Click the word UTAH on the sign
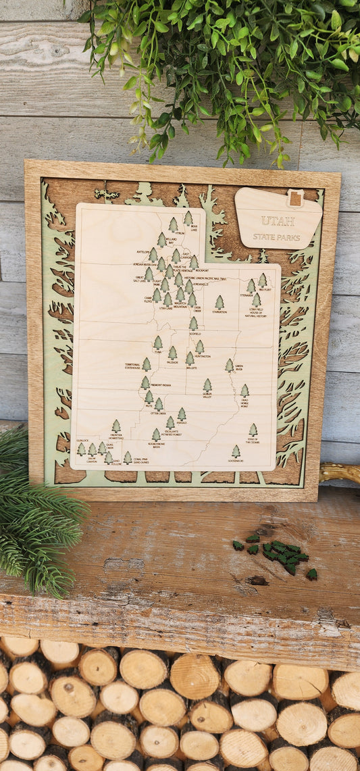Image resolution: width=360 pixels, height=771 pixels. [278, 221]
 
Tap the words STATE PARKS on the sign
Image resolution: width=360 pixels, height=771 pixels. [277, 237]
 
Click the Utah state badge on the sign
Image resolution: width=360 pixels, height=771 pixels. [294, 198]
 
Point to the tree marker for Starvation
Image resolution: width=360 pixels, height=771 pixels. [220, 301]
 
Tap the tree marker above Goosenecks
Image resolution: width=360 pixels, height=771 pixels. [236, 451]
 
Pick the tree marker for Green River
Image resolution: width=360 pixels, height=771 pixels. [229, 364]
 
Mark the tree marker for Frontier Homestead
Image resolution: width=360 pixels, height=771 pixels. [116, 425]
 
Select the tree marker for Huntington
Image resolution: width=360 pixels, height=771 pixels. [199, 346]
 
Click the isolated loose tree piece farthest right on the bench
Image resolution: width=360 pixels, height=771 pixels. [311, 574]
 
